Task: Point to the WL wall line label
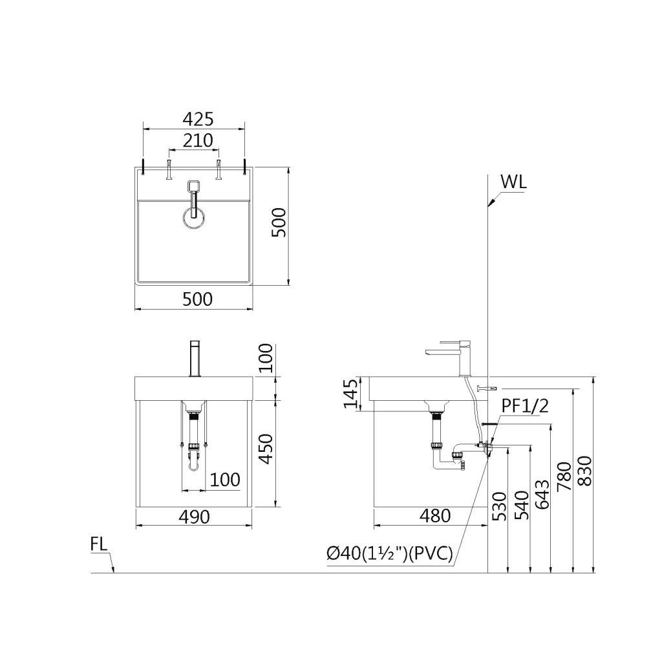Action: (x=514, y=182)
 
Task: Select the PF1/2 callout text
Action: (x=526, y=406)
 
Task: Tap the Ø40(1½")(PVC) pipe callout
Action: (x=389, y=553)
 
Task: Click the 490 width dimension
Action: (x=194, y=517)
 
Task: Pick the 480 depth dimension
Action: (x=434, y=515)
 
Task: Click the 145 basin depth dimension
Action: (x=350, y=394)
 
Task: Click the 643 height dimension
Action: (x=542, y=495)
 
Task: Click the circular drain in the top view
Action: (x=194, y=219)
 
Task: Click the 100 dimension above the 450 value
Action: (x=266, y=359)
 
